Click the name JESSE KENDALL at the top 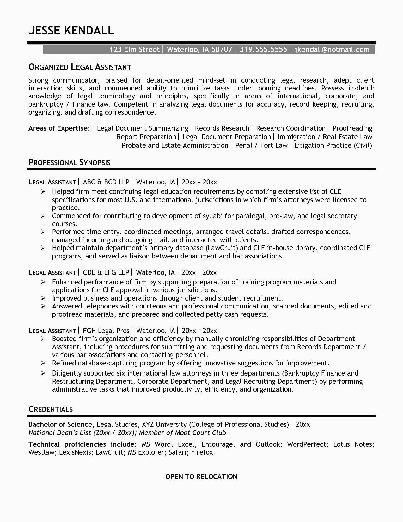(x=71, y=30)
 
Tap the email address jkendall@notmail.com (x=332, y=49)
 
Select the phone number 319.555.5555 (x=263, y=49)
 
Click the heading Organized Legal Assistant (x=80, y=67)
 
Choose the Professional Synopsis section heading (x=70, y=163)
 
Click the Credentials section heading (x=51, y=409)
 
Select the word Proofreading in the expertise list (x=352, y=128)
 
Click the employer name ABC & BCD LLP (x=106, y=182)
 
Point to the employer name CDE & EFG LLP (x=106, y=272)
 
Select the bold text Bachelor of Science (x=61, y=424)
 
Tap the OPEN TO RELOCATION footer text (x=201, y=476)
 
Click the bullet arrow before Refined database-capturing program (x=43, y=363)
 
